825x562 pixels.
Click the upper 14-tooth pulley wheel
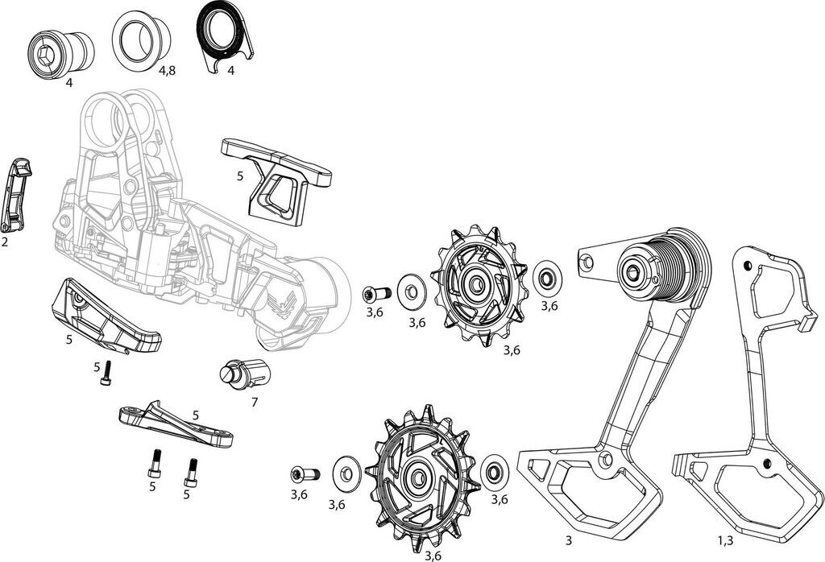tap(479, 287)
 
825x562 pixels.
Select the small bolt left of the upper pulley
tap(375, 291)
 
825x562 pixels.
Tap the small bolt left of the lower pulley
tap(306, 473)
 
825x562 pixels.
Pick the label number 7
tap(255, 401)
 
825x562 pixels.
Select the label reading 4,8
tap(168, 71)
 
